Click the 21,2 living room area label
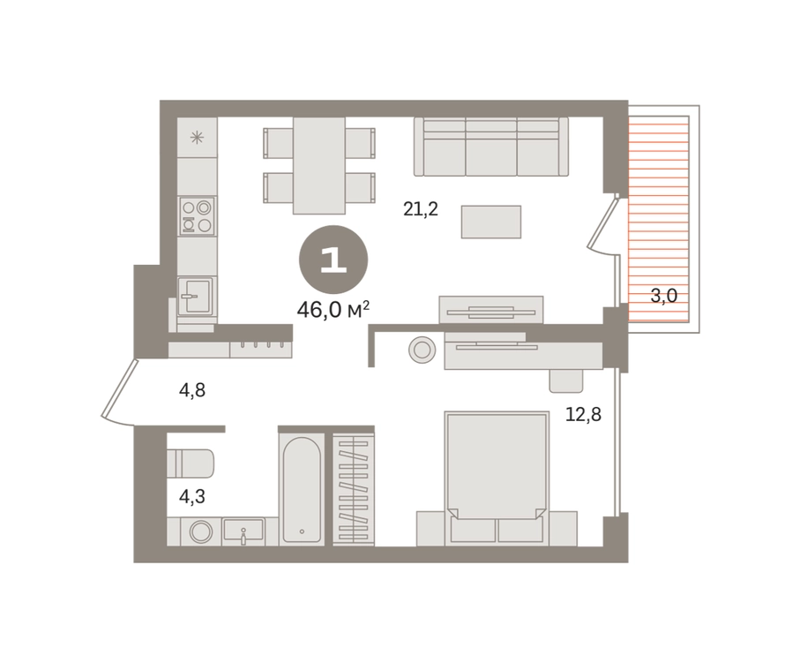pos(421,209)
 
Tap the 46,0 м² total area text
pos(333,310)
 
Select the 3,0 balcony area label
pos(664,296)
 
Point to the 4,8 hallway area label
pos(191,390)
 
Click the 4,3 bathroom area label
pos(191,496)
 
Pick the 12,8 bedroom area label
pos(583,414)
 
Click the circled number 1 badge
pos(333,260)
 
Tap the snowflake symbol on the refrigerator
pos(197,138)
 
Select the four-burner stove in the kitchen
pos(197,216)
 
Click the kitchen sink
pos(197,296)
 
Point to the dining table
pos(319,165)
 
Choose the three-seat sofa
pos(490,147)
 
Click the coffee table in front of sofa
pos(490,222)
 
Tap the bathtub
pos(302,489)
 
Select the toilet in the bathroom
pos(191,463)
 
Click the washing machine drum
pos(201,531)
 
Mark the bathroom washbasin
pos(243,531)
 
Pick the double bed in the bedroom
pos(497,478)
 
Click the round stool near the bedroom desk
pos(422,350)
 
